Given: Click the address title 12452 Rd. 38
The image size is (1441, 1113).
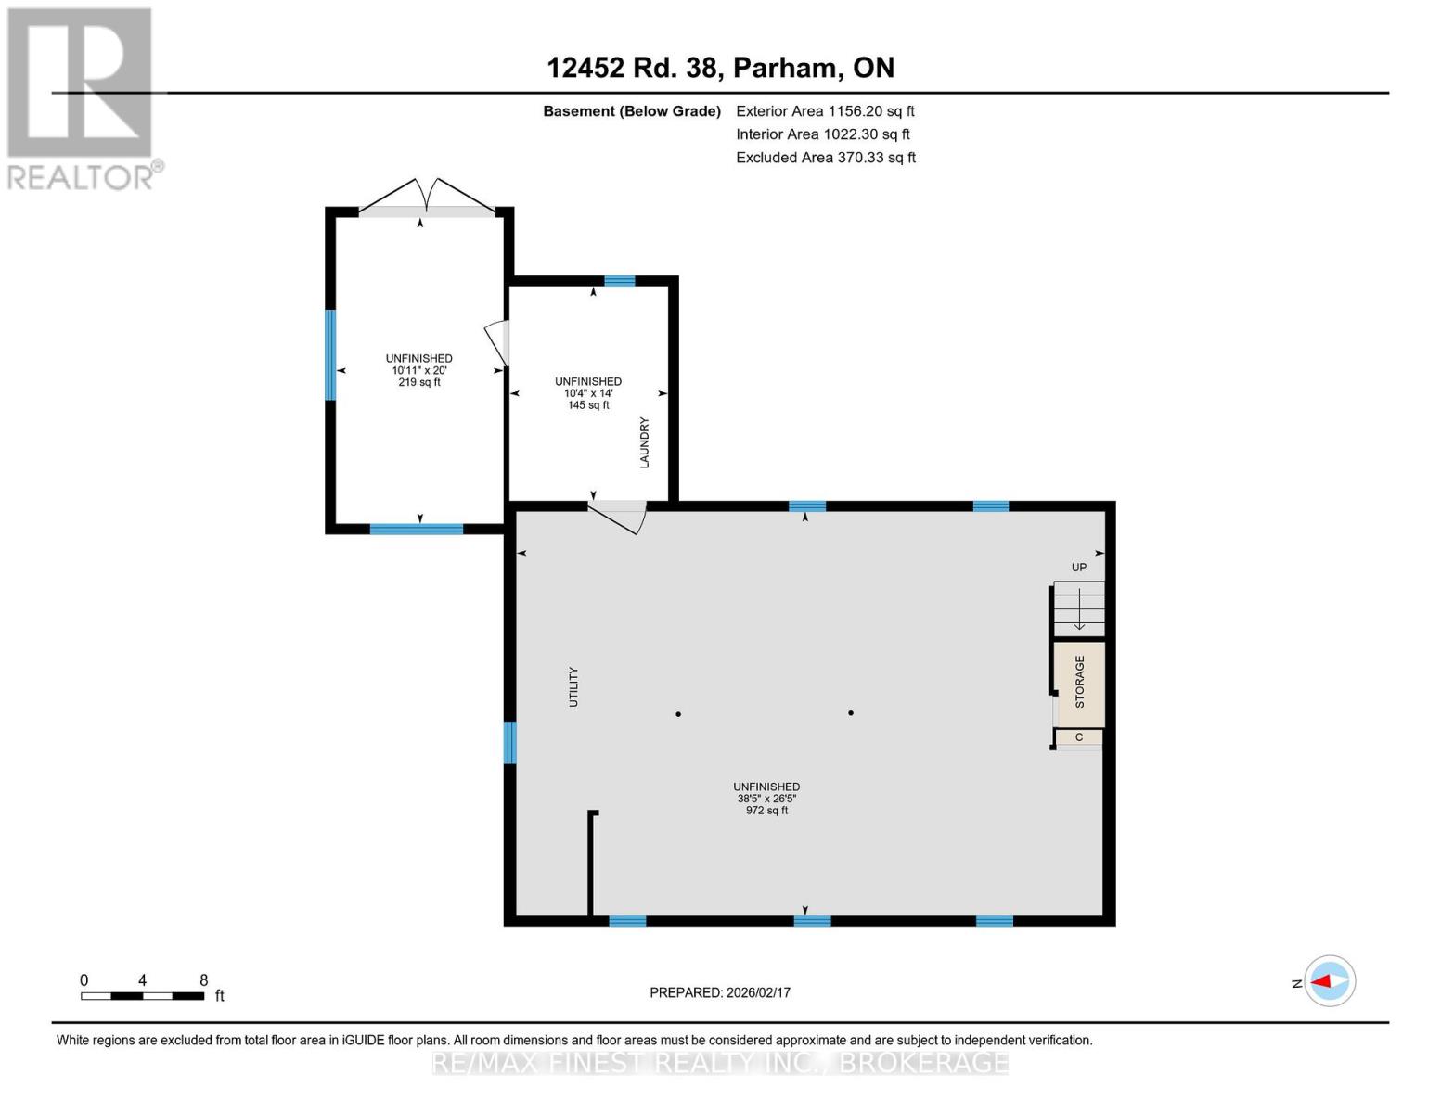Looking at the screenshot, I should click(720, 68).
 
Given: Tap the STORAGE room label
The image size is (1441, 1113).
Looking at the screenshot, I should click(1079, 682).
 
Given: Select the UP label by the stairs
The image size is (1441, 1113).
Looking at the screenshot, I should click(1079, 567).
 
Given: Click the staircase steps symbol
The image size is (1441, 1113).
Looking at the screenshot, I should click(1079, 608).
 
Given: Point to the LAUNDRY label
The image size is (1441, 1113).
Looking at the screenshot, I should click(644, 442).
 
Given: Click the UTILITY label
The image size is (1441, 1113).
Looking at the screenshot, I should click(573, 687).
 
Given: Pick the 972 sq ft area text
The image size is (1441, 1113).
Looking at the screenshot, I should click(766, 811).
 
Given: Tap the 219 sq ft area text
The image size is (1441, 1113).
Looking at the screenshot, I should click(419, 382).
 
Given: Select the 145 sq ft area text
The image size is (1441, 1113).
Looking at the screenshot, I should click(588, 405).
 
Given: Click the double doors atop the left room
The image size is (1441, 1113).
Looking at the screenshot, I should click(427, 197).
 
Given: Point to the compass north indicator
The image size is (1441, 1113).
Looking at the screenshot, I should click(1330, 980).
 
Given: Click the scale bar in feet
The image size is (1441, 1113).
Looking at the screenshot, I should click(142, 996).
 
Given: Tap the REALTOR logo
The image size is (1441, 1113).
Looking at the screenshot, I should click(82, 98).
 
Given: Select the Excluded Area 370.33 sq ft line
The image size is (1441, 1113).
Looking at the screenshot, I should click(826, 158).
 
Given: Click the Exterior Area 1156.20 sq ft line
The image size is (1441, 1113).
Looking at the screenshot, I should click(825, 111).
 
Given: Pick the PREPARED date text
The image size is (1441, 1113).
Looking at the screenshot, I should click(720, 992).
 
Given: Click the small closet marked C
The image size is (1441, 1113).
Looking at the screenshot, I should click(1079, 737).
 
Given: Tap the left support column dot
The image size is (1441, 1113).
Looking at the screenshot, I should click(678, 714).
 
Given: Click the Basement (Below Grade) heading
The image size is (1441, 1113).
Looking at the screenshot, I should click(632, 111).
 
